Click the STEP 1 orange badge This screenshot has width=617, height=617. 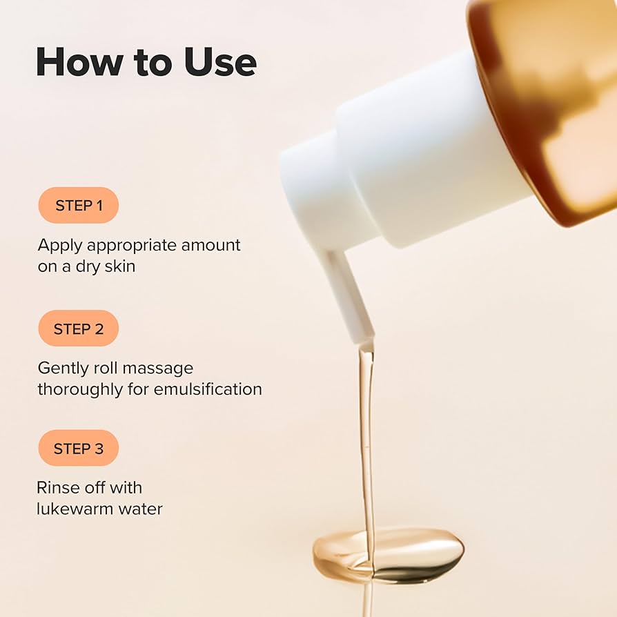click(78, 206)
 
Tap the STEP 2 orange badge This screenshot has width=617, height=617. click(78, 329)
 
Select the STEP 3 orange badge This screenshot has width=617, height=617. click(78, 449)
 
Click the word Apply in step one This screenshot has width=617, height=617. click(59, 246)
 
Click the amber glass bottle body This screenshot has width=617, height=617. click(552, 104)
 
